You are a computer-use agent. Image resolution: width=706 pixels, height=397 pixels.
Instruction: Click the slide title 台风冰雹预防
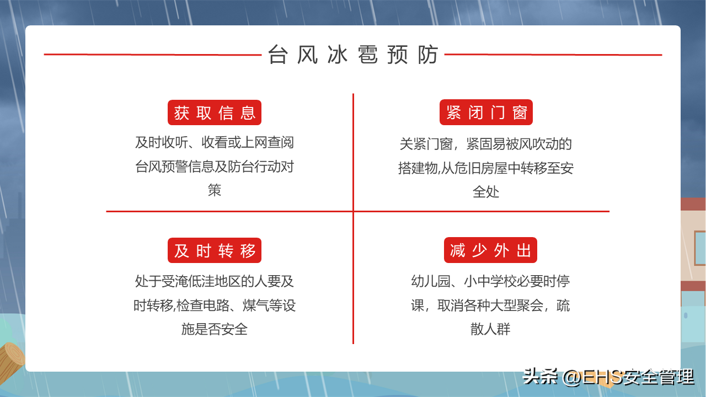(353, 55)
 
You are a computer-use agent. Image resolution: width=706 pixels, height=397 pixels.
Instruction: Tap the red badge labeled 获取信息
(215, 112)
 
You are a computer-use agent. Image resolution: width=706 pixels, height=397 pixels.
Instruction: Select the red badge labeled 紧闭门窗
(486, 112)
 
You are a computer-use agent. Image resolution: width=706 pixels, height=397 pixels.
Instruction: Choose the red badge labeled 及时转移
(215, 250)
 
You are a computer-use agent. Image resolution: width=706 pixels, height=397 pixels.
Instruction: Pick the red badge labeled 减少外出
(490, 250)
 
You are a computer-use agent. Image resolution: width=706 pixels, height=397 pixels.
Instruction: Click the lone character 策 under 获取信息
(215, 190)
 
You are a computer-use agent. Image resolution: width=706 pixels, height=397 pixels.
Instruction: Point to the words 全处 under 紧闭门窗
(486, 191)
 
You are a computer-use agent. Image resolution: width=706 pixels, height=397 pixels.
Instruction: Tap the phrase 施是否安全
(215, 329)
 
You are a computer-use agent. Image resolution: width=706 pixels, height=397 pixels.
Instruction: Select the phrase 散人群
(490, 329)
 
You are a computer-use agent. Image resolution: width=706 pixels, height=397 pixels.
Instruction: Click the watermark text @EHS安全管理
(628, 377)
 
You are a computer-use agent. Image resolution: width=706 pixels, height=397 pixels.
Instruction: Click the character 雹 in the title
(368, 55)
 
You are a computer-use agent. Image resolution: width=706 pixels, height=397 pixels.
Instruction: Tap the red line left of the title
(153, 55)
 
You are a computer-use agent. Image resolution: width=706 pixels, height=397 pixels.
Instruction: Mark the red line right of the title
(553, 55)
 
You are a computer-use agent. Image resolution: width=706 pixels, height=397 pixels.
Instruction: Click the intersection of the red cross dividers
(354, 211)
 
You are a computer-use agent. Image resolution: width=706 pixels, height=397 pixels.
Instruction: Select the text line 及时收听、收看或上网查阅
(215, 142)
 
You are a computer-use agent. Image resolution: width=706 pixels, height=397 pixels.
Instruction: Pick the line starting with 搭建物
(486, 168)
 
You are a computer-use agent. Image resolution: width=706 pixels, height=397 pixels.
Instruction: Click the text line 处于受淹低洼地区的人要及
(215, 281)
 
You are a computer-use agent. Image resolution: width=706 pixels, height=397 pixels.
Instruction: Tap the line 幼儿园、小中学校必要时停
(490, 281)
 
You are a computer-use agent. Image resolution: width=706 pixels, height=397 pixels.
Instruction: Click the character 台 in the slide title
(277, 55)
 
